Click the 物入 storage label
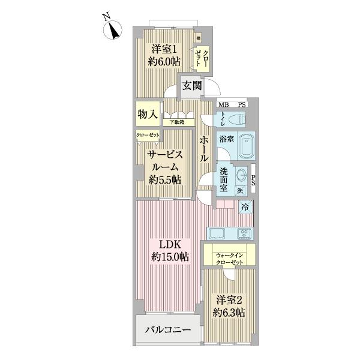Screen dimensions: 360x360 [147, 114]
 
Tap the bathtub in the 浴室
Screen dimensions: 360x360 [245, 145]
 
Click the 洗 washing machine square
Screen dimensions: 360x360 [240, 191]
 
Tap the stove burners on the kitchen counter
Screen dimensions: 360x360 [244, 233]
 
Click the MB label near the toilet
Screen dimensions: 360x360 [223, 105]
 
